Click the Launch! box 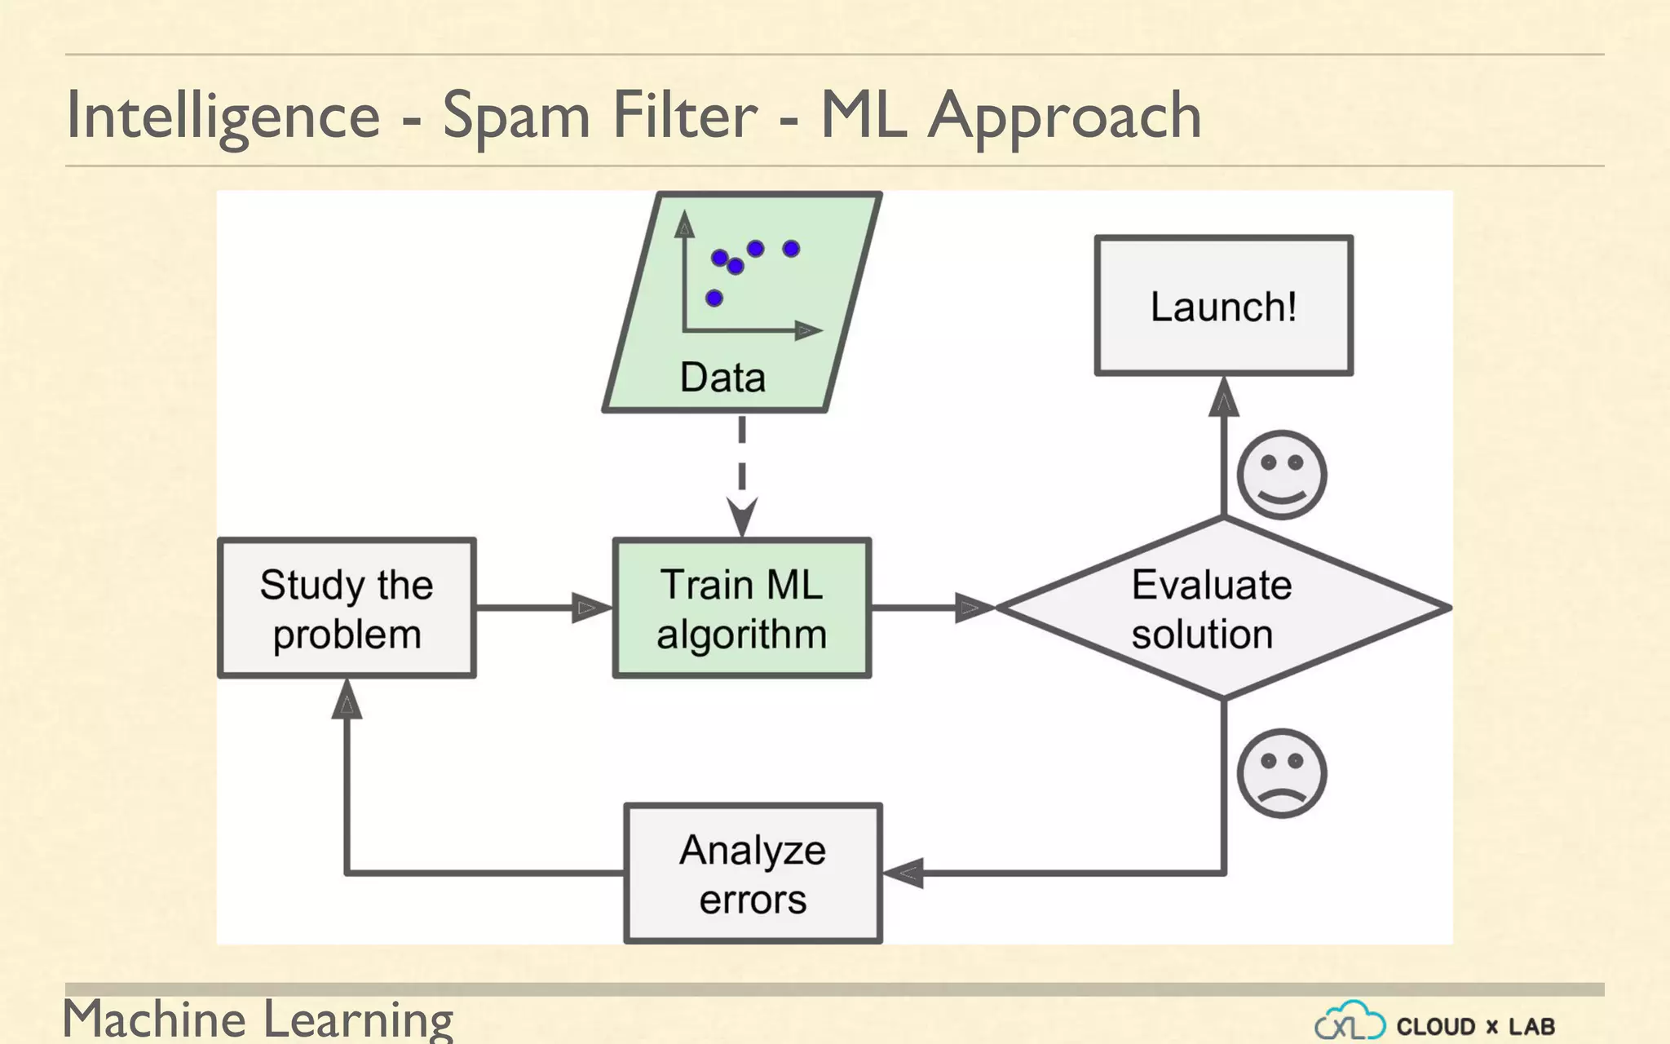(1223, 306)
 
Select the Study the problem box (347, 608)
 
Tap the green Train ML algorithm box (741, 608)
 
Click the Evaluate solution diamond (1223, 608)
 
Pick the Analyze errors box (753, 874)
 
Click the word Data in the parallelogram (722, 378)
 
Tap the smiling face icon (1281, 475)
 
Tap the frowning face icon (1281, 772)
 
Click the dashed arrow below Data (742, 473)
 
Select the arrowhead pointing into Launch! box (1223, 397)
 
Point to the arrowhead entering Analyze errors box (904, 873)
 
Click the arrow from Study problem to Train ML (542, 608)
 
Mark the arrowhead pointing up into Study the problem (347, 701)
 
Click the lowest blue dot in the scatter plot (714, 298)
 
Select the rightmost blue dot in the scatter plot (791, 248)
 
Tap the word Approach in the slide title (1064, 116)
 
